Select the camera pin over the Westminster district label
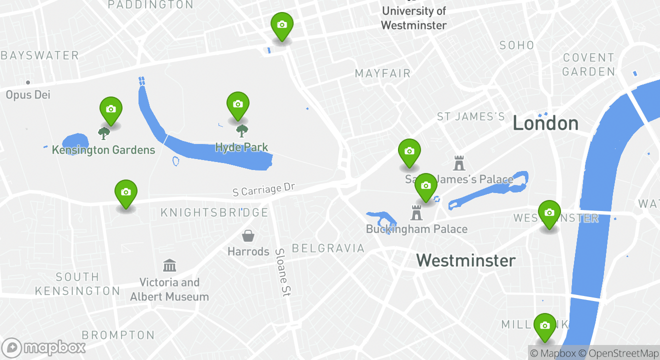pyautogui.click(x=549, y=213)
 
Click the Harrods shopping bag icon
pyautogui.click(x=248, y=235)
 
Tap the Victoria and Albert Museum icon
pyautogui.click(x=169, y=265)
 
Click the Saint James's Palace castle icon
pyautogui.click(x=459, y=162)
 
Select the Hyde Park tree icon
pyautogui.click(x=242, y=131)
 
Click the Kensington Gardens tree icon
pyautogui.click(x=104, y=133)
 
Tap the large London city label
pyautogui.click(x=545, y=123)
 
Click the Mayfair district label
pyautogui.click(x=382, y=73)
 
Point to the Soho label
pyautogui.click(x=517, y=45)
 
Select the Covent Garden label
pyautogui.click(x=588, y=64)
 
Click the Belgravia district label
pyautogui.click(x=328, y=248)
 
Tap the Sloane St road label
pyautogui.click(x=282, y=272)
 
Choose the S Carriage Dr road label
pyautogui.click(x=264, y=189)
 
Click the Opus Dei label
pyautogui.click(x=28, y=94)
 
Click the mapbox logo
pyautogui.click(x=43, y=347)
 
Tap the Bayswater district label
pyautogui.click(x=40, y=55)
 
